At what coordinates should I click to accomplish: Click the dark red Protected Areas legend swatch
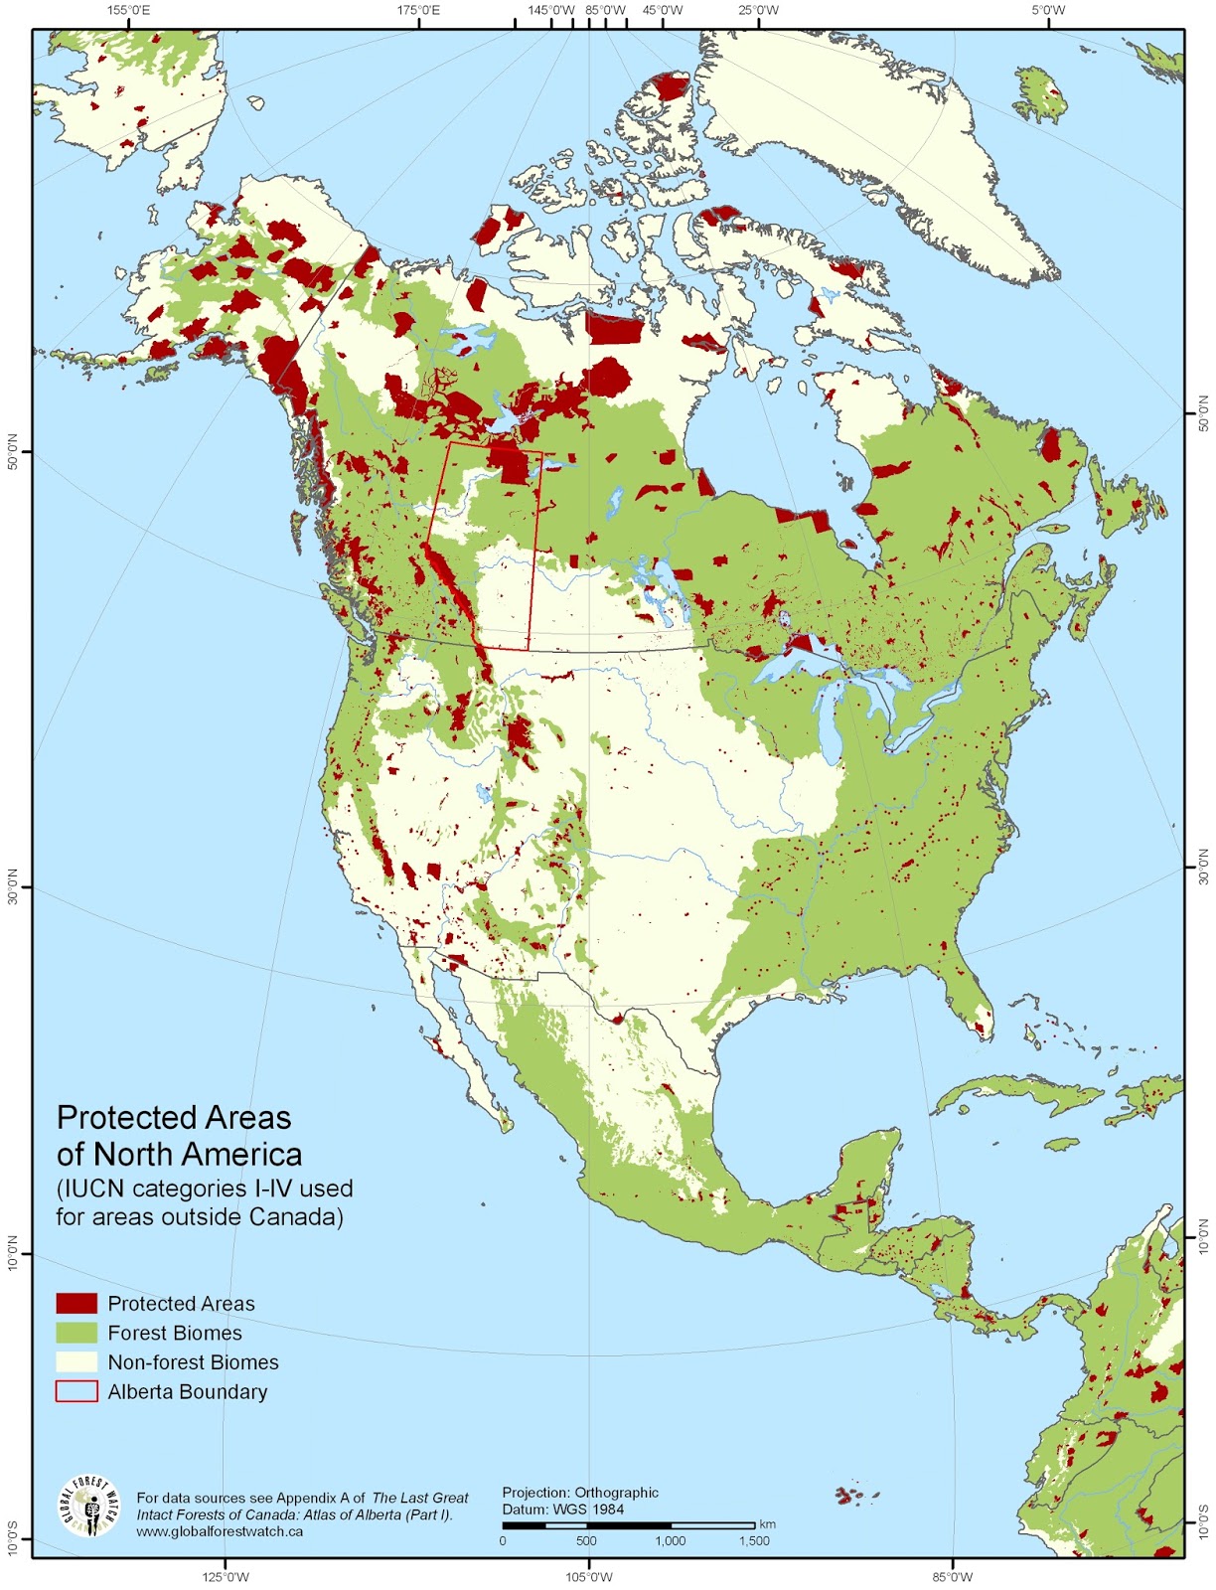tap(76, 1303)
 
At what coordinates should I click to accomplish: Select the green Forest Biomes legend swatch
tap(76, 1333)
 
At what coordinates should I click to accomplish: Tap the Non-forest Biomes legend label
tap(193, 1362)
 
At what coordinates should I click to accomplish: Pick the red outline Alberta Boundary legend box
tap(76, 1391)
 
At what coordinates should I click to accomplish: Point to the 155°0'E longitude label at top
tap(129, 11)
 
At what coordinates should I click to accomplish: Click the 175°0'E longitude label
tap(419, 11)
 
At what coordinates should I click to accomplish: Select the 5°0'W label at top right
tap(1047, 11)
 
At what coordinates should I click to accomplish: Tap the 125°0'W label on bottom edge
tap(226, 1577)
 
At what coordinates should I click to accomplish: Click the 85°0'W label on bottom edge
tap(952, 1577)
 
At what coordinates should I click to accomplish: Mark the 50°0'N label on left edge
tap(13, 452)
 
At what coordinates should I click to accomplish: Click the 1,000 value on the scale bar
tap(670, 1541)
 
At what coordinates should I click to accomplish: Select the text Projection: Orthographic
tap(580, 1493)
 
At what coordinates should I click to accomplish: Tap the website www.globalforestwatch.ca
tap(220, 1531)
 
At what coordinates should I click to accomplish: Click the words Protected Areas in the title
tap(174, 1118)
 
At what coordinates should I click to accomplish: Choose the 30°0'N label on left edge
tap(13, 887)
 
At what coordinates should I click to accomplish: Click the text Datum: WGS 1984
tap(562, 1509)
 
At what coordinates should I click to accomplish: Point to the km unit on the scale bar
tap(767, 1524)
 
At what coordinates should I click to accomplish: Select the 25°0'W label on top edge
tap(758, 11)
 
